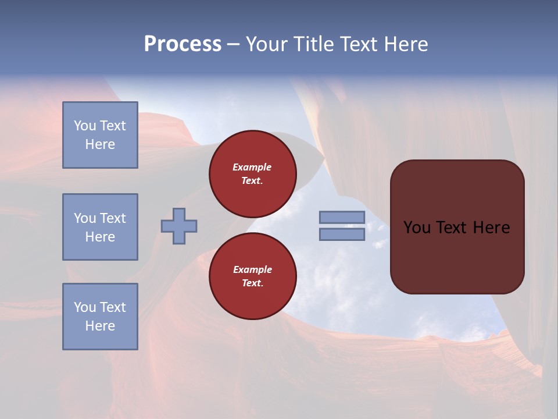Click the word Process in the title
pos(183,44)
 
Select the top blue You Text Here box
pos(100,135)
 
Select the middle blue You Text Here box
pos(100,227)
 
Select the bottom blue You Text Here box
pos(100,317)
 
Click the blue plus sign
pos(179,226)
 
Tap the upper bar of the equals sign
pos(342,217)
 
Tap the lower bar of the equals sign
pos(342,235)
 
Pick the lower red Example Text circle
pos(253,276)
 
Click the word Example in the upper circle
pos(252,167)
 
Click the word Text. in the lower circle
pos(252,283)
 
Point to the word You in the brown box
pos(417,228)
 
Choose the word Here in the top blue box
pos(100,144)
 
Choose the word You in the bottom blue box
pos(85,307)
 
